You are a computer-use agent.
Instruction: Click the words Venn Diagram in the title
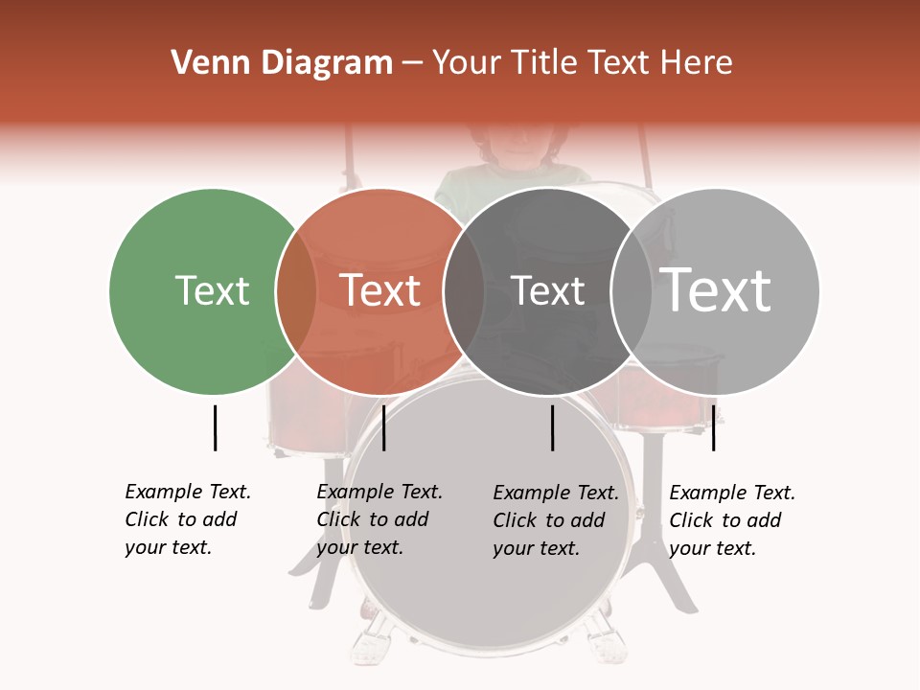click(x=282, y=63)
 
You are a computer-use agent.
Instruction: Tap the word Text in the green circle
click(x=212, y=290)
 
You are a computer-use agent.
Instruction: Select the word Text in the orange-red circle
click(x=380, y=290)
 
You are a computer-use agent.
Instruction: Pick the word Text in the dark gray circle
click(x=548, y=290)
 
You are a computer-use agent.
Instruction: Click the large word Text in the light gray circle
click(x=716, y=289)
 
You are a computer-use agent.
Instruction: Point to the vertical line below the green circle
click(x=215, y=427)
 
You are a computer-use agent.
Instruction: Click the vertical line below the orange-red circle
click(x=383, y=427)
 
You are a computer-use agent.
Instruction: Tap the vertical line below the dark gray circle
click(x=552, y=427)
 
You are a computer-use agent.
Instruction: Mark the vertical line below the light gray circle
click(x=713, y=427)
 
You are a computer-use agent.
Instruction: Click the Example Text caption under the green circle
click(x=188, y=519)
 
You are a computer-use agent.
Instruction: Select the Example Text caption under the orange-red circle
click(x=379, y=519)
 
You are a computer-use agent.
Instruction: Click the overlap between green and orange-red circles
click(x=296, y=290)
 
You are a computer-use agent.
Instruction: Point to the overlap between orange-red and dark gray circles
click(x=464, y=290)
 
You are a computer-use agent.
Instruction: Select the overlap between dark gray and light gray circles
click(x=632, y=290)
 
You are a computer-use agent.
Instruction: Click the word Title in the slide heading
click(x=551, y=63)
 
